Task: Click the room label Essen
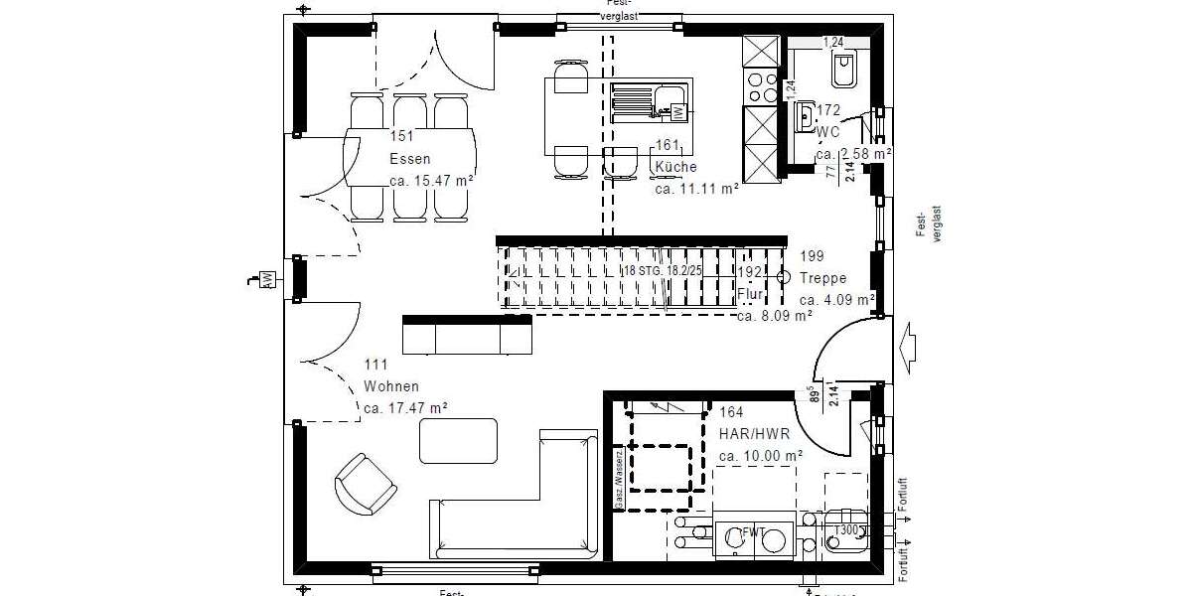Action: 408,159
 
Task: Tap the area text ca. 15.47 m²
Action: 431,181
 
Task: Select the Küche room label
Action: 675,167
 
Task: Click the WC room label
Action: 828,131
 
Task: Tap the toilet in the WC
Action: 845,69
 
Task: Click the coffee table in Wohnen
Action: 458,441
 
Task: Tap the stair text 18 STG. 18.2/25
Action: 664,270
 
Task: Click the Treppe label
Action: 822,278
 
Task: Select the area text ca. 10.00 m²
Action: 760,456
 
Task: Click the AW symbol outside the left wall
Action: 267,280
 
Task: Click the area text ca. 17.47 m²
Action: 405,407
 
